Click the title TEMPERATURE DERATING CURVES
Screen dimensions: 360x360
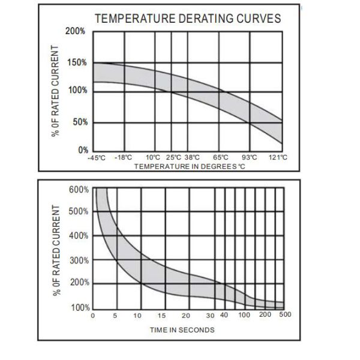[x=187, y=18]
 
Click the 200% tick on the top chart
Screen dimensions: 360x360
[x=77, y=31]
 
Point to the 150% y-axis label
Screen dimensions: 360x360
[x=77, y=62]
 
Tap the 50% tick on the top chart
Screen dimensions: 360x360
[x=79, y=122]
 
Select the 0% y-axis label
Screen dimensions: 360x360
[x=82, y=150]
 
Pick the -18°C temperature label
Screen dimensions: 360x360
[x=123, y=157]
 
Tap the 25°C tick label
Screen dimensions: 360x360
[x=173, y=157]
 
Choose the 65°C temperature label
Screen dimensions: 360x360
[x=221, y=157]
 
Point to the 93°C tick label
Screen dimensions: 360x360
[x=249, y=157]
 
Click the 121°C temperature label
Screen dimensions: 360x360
[x=279, y=157]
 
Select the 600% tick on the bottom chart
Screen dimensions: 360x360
[x=79, y=190]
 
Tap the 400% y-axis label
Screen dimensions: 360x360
[x=79, y=235]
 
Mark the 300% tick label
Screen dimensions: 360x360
[x=79, y=260]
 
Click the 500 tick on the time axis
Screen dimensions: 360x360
[x=285, y=315]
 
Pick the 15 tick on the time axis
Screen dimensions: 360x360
[x=162, y=315]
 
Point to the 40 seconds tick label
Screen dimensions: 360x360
[x=224, y=315]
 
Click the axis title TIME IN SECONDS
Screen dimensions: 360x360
[x=182, y=329]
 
